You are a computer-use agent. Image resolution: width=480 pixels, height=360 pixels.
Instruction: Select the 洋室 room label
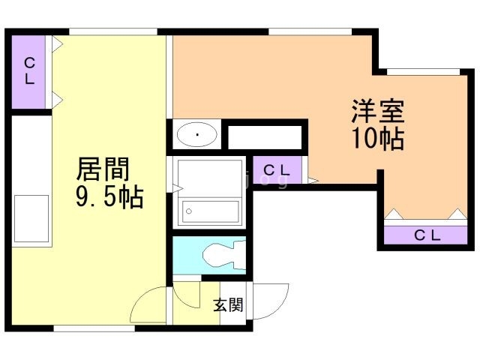pos(377,112)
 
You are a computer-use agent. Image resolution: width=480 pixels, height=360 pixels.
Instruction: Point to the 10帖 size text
pos(377,139)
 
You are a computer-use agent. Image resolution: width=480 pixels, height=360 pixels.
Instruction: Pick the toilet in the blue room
pos(222,256)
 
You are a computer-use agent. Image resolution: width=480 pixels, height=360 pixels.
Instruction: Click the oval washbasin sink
pos(197,136)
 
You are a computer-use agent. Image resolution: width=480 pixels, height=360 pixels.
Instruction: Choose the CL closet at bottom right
pos(427,235)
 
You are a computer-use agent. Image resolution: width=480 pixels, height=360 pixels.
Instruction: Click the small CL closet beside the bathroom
pos(277,169)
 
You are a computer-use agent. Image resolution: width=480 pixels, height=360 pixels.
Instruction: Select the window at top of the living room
pos(112,31)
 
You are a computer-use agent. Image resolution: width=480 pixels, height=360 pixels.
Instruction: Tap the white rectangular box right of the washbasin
pos(263,136)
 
